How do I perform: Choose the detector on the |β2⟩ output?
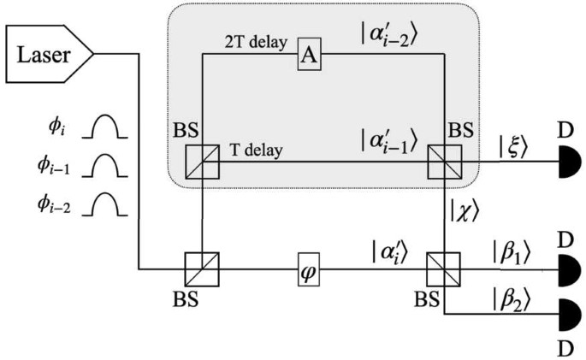(x=567, y=313)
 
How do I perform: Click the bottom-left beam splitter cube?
(x=202, y=268)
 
